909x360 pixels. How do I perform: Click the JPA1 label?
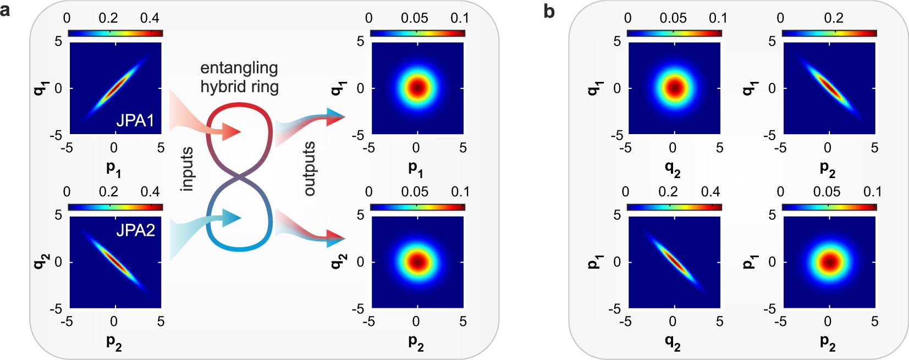coord(135,120)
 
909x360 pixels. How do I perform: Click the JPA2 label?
coord(135,230)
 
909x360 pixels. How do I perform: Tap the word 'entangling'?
coord(239,68)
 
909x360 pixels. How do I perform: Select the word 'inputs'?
coord(187,169)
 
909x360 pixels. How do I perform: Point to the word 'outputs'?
coord(310,168)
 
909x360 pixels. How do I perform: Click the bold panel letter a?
coord(5,9)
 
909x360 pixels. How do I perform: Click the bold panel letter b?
coord(549,11)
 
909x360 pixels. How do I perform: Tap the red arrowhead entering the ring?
coord(234,132)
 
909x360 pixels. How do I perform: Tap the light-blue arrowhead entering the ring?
coord(234,218)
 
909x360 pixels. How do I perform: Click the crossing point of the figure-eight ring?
coord(240,178)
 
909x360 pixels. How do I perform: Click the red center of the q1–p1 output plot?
coord(417,87)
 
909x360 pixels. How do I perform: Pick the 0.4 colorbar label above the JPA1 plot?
coord(150,18)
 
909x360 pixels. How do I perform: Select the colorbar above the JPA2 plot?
coord(115,207)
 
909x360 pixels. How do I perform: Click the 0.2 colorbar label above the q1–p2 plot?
coord(833,18)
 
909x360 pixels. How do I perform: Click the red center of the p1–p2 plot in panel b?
coord(829,262)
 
